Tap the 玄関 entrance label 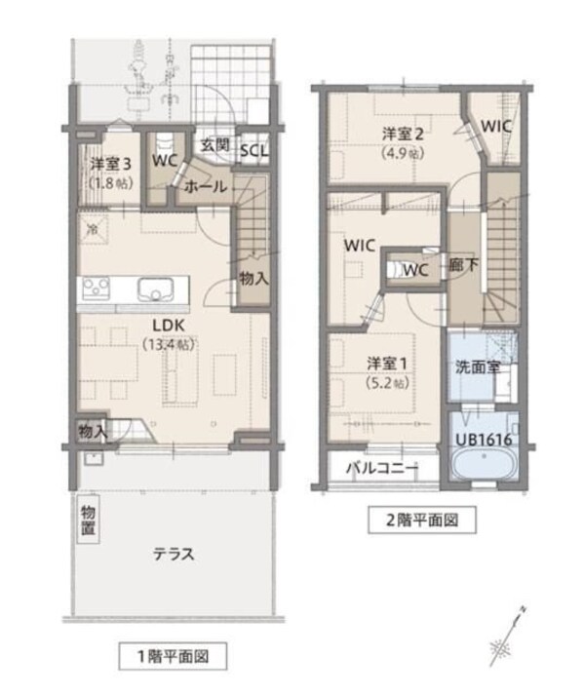(214, 145)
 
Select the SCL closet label (253, 152)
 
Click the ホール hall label (205, 185)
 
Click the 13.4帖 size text (168, 344)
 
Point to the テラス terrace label (174, 554)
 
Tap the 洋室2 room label (402, 135)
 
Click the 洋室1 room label (388, 363)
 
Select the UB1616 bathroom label (483, 440)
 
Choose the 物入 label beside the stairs (254, 279)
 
